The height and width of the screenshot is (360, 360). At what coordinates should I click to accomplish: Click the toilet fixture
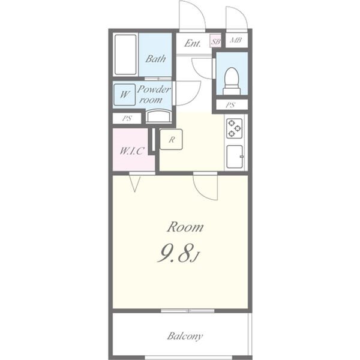pos(232,81)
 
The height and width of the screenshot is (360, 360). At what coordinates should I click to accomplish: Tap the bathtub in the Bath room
pos(125,55)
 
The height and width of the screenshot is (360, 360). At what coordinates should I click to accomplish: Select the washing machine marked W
pos(124,95)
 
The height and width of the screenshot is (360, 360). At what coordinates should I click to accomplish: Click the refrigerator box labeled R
pos(171,139)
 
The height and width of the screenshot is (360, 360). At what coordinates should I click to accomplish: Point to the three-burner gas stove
pos(235,128)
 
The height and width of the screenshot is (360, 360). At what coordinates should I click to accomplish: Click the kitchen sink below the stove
pos(235,157)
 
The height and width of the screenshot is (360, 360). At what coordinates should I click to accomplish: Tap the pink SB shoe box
pos(215,41)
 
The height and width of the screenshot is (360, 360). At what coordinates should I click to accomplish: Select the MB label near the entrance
pos(236,40)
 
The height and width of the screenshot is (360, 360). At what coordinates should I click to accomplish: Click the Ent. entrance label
pos(193,43)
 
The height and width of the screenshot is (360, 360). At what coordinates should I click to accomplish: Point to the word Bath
pos(155,59)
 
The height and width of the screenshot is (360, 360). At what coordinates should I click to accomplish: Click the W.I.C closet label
pos(132,151)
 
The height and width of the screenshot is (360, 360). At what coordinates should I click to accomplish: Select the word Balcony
pos(185,336)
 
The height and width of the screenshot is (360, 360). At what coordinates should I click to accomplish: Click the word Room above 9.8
pos(185,227)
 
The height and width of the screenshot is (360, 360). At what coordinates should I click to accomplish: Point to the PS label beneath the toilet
pos(230,105)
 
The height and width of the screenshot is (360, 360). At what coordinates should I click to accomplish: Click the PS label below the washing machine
pos(127,118)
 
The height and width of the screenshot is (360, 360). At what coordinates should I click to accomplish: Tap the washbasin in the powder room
pos(158,116)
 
